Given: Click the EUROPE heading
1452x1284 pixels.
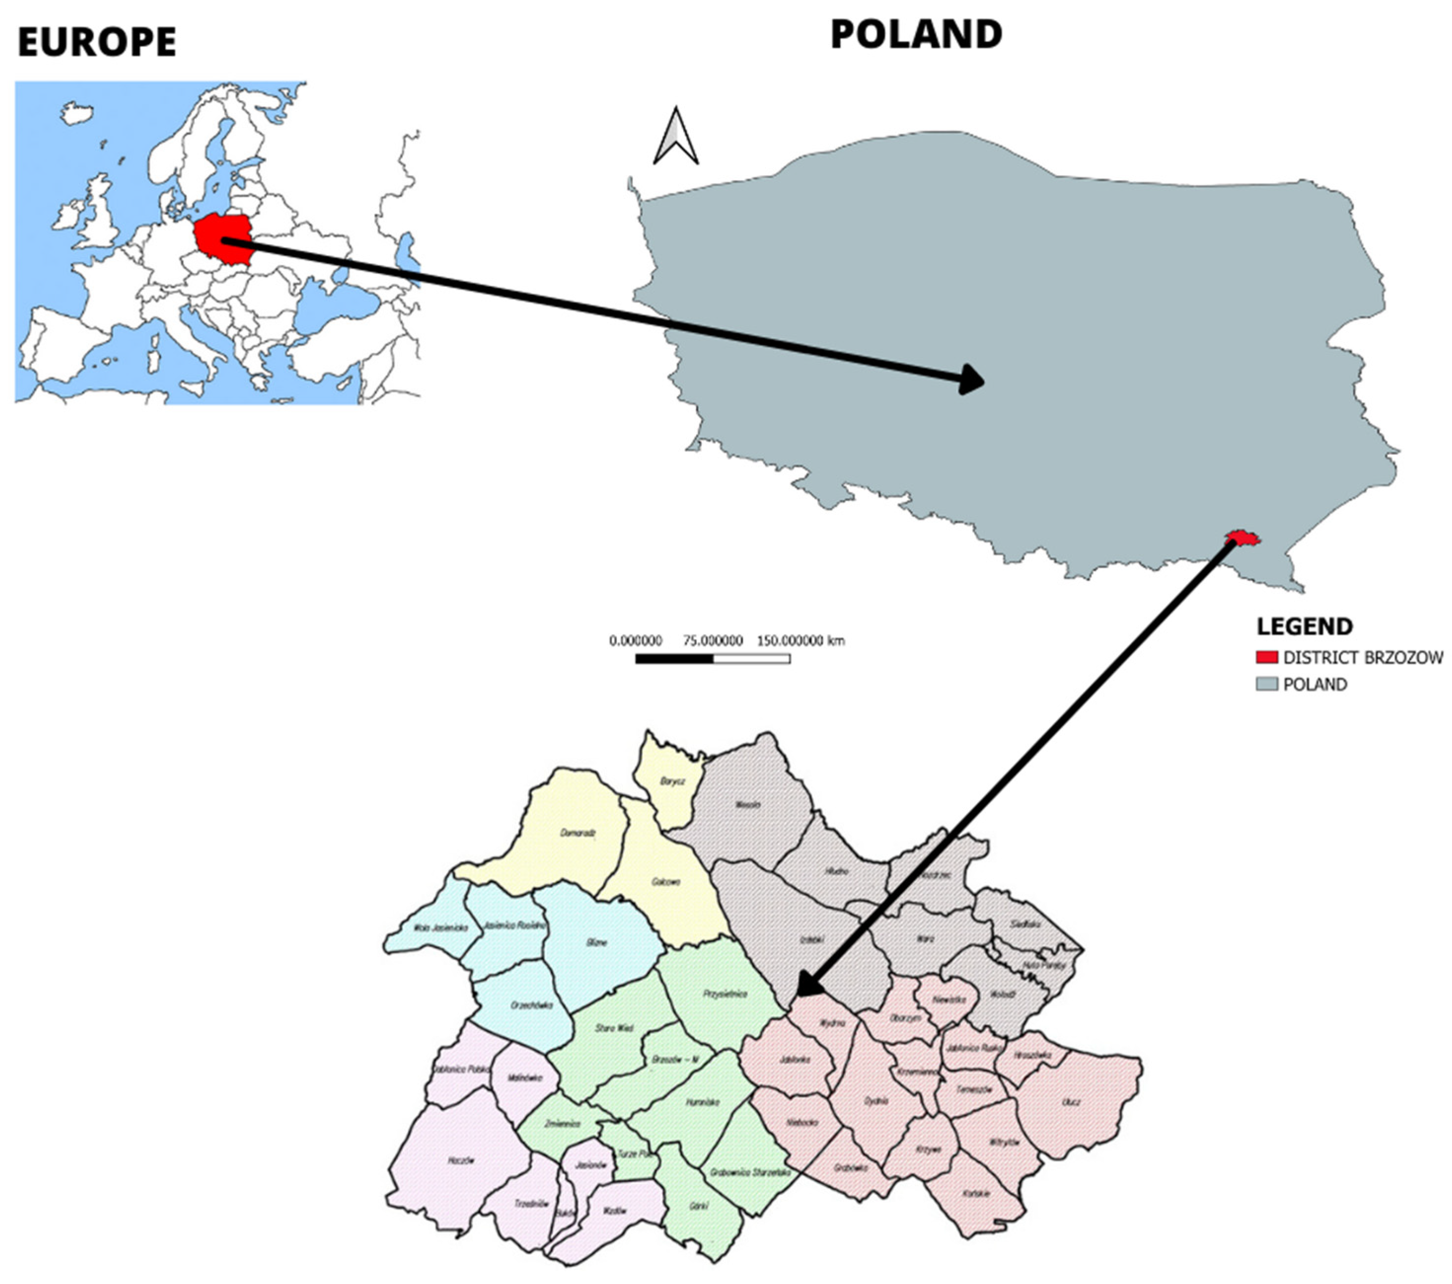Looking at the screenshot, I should pos(97,42).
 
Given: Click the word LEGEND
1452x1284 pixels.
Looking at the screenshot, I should pos(1304,626).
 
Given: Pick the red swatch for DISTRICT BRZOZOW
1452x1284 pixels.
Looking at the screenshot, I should pos(1267,657).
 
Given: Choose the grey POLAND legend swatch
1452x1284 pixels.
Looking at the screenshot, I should pos(1267,684).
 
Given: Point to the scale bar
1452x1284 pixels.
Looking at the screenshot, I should pos(713,659).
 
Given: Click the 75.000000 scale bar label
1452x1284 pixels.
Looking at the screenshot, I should pos(713,640).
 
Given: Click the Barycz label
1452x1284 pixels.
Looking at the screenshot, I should pos(672,781).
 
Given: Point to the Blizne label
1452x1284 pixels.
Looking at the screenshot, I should pos(597,943).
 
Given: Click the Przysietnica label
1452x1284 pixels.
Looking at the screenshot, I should pos(725,994).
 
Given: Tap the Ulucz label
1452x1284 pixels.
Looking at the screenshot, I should pos(1071,1102).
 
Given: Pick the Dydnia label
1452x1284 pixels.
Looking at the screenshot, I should pos(876,1101).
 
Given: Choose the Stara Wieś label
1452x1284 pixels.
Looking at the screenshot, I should pos(614,1028).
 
